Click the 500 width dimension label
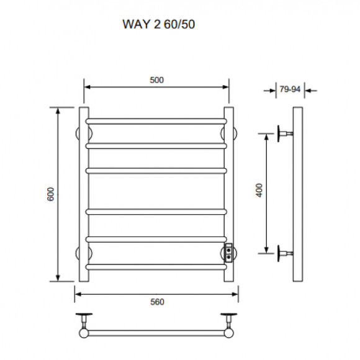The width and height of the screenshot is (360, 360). click(156, 79)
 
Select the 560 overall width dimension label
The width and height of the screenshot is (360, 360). click(156, 302)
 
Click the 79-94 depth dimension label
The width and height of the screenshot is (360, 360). click(289, 89)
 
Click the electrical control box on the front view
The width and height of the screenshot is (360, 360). click(229, 252)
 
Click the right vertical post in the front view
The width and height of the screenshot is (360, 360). click(229, 186)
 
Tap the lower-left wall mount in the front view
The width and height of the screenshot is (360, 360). click(79, 253)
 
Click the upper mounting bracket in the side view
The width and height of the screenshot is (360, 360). click(286, 133)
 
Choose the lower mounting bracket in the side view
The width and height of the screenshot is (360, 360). click(286, 252)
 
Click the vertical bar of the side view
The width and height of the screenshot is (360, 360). click(297, 194)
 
